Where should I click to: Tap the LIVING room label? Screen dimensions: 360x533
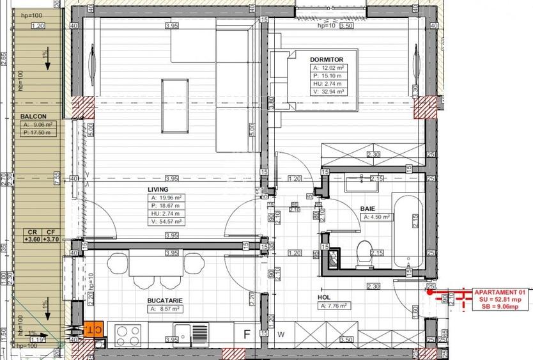point(157,190)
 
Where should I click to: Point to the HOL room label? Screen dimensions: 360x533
point(324,297)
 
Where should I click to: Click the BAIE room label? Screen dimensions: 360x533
point(367,209)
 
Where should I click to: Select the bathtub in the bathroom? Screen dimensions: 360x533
point(406,230)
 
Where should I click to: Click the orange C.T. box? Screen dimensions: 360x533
point(92,329)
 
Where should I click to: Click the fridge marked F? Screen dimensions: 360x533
point(246,334)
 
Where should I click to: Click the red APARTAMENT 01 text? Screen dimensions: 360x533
point(498,291)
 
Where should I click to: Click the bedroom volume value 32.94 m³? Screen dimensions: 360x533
point(333,91)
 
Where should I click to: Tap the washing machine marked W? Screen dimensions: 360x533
point(281,334)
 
